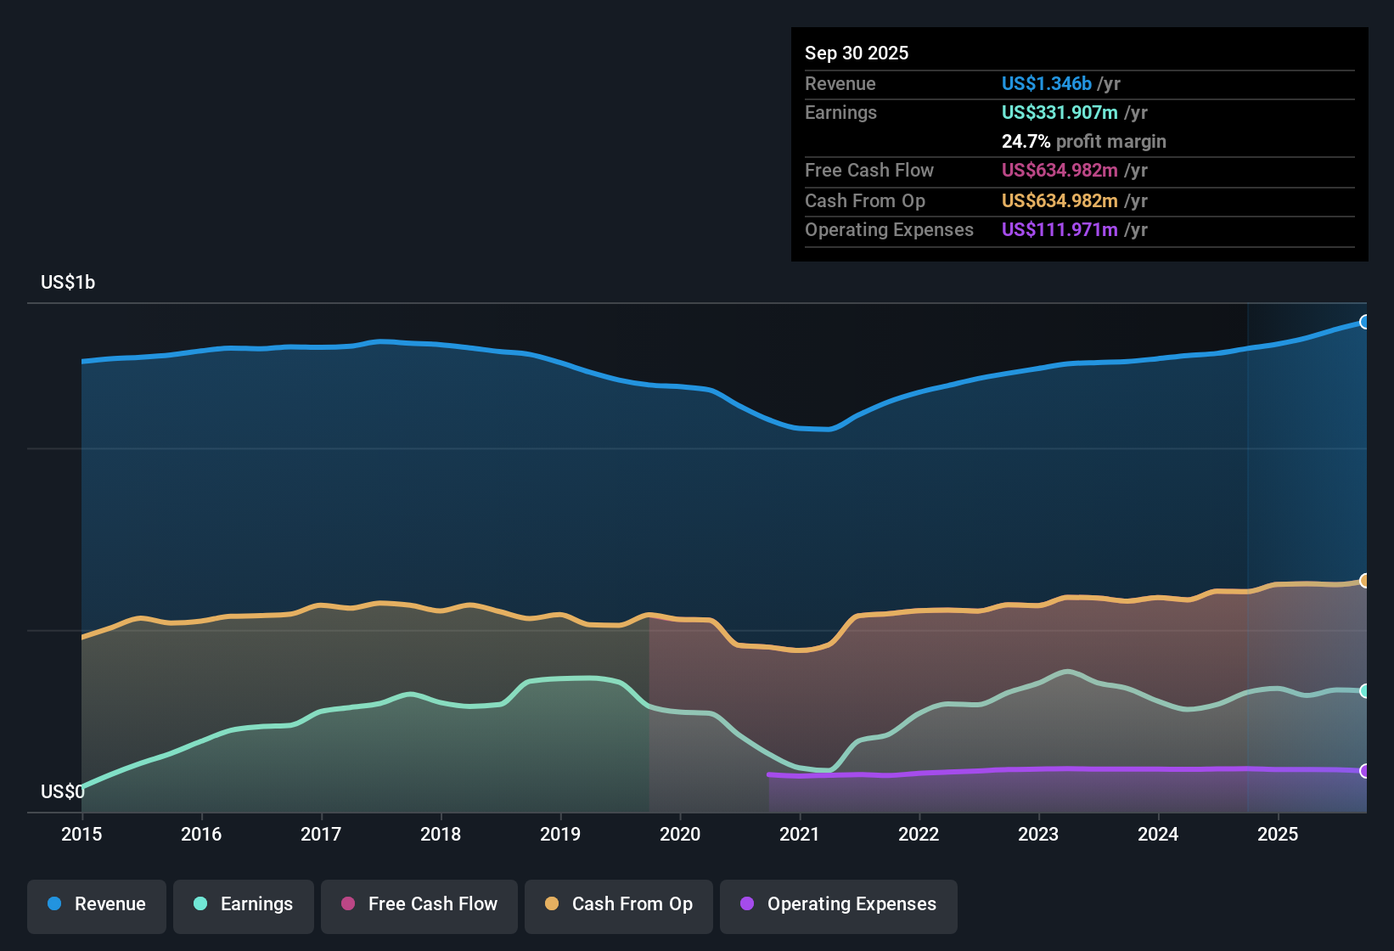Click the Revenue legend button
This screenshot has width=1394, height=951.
[97, 904]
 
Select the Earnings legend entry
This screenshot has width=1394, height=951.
[244, 904]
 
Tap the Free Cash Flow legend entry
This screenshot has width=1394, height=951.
[419, 904]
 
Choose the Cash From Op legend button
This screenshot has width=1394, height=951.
[619, 904]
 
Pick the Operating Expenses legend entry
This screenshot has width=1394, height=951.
[839, 904]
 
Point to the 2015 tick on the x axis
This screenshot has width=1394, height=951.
[82, 834]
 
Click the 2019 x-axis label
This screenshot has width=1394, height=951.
[560, 834]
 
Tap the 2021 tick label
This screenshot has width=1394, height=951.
[800, 834]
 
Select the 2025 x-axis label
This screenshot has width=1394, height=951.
[1278, 834]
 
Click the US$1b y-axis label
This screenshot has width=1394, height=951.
[68, 282]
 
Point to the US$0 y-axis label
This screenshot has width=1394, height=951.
[63, 791]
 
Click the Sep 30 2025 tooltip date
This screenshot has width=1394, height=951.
[857, 53]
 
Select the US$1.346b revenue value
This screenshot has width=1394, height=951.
[1046, 83]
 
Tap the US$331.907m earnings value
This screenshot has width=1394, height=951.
[1060, 112]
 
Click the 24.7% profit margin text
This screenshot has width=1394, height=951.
[1083, 141]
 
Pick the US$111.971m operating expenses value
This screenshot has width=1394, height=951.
[1060, 229]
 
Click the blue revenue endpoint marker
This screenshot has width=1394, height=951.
[1364, 322]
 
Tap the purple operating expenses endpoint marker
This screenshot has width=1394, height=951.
[1364, 771]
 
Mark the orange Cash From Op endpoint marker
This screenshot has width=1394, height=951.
[1364, 581]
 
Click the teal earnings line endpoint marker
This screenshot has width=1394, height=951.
[1364, 691]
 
